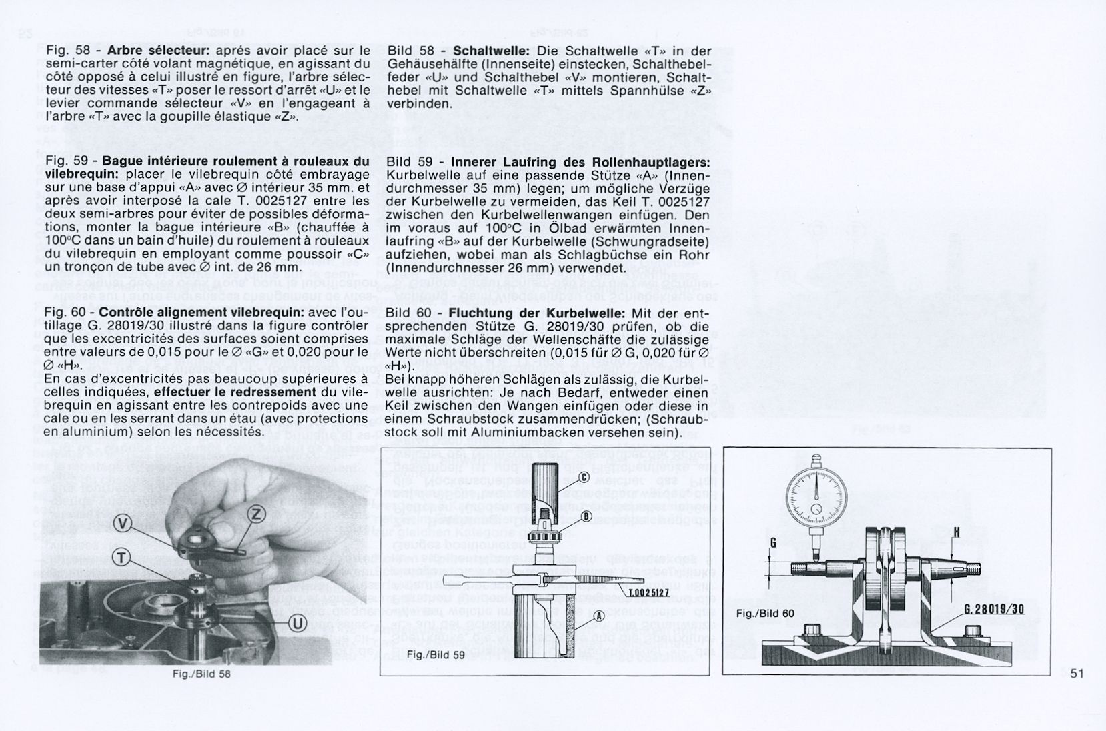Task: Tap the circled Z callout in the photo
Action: point(257,514)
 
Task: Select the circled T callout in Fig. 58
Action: point(121,559)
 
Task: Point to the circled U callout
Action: point(297,624)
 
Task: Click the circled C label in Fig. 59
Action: point(583,477)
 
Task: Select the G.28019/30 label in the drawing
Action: point(993,610)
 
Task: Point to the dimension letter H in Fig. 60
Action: point(956,532)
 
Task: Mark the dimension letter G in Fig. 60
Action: point(773,542)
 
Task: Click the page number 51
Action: point(1077,674)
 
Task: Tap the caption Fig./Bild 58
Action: point(201,674)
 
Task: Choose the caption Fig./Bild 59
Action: point(435,655)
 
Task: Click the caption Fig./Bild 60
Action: point(766,614)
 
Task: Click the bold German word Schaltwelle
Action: point(491,51)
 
